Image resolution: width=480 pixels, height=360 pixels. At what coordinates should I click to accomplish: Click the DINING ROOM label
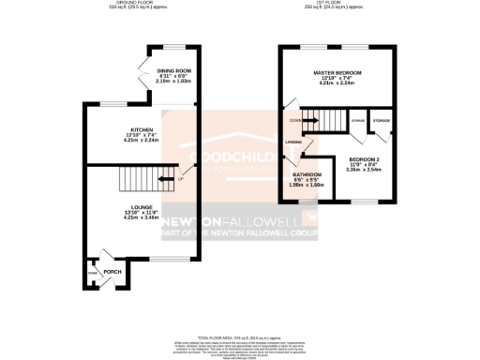[173, 70]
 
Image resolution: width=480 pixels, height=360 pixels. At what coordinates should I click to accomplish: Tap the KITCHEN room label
[142, 130]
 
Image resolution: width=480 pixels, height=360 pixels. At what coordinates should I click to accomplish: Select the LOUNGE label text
[142, 207]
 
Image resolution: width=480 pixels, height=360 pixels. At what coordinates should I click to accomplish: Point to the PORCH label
[112, 272]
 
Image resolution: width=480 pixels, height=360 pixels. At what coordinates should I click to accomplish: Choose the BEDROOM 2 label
[364, 160]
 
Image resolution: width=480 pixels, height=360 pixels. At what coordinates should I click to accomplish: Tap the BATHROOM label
[307, 174]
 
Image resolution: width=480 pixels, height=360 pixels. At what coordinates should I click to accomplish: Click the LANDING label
[293, 142]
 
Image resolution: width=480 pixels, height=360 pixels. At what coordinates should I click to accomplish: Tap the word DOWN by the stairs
[295, 120]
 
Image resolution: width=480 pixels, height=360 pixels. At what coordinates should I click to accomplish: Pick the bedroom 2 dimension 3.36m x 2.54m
[364, 171]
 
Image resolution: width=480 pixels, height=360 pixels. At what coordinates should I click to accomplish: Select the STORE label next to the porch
[93, 273]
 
